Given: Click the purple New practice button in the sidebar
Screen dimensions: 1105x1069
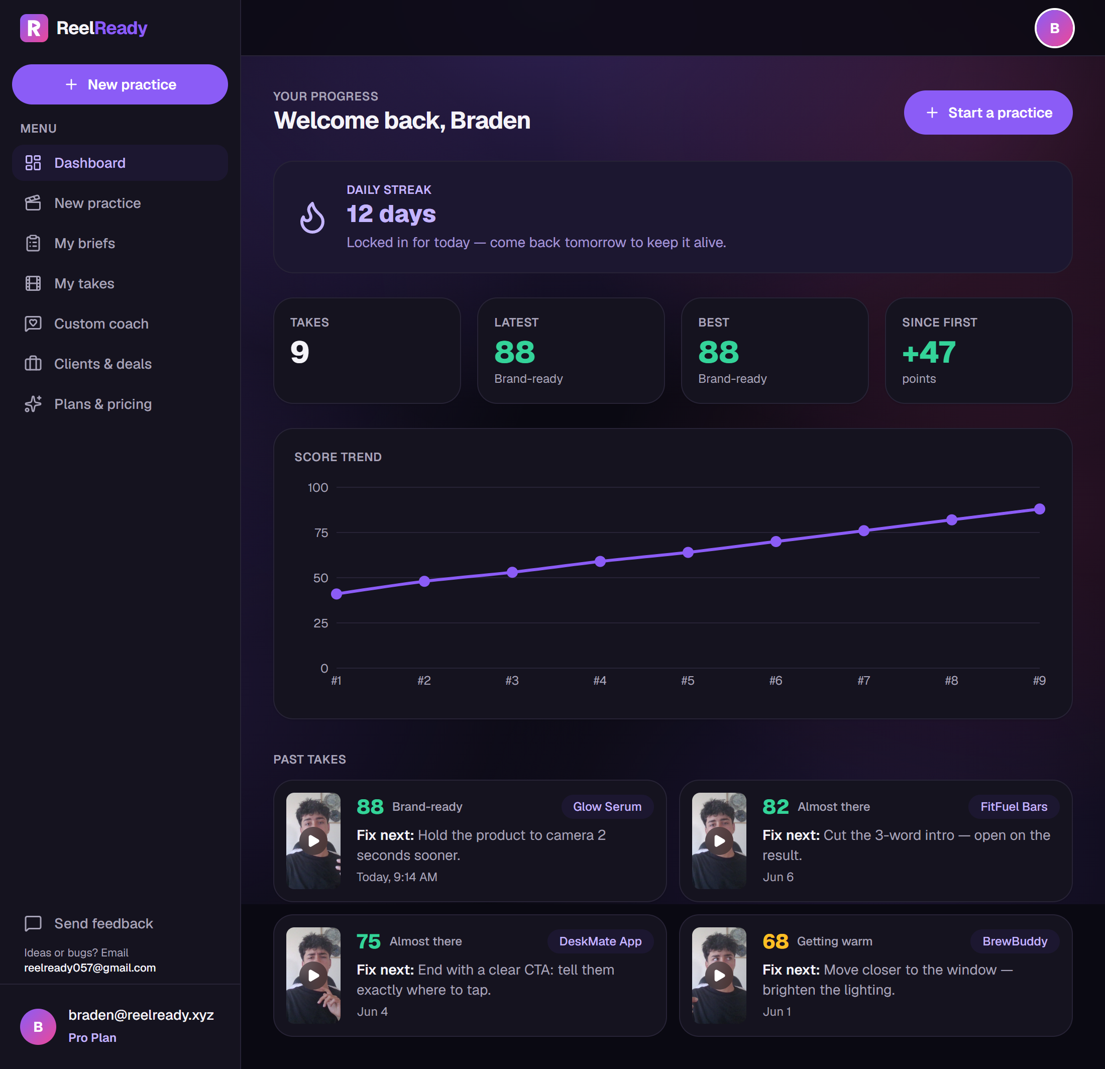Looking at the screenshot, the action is (x=120, y=84).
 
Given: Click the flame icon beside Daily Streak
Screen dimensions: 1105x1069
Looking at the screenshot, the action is (x=312, y=218).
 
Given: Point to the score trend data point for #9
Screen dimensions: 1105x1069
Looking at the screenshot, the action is (x=1040, y=509).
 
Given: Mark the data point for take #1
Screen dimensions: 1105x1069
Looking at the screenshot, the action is (x=337, y=594).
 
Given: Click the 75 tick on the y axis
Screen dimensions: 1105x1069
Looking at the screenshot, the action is (x=321, y=533).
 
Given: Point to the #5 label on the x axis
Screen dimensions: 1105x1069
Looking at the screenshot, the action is (x=688, y=681).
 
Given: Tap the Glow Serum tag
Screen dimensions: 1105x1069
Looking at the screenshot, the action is (x=607, y=807).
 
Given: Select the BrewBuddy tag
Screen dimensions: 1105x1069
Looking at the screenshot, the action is (x=1015, y=941).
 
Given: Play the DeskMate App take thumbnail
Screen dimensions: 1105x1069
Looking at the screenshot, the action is (x=313, y=976).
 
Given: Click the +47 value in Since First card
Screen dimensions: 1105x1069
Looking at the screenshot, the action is (x=929, y=352).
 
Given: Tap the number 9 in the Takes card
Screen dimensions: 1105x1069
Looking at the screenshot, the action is (x=300, y=352).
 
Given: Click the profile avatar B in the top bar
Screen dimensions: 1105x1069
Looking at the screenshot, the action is (x=1054, y=28).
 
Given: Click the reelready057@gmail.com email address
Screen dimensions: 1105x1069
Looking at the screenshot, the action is (x=90, y=968).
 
